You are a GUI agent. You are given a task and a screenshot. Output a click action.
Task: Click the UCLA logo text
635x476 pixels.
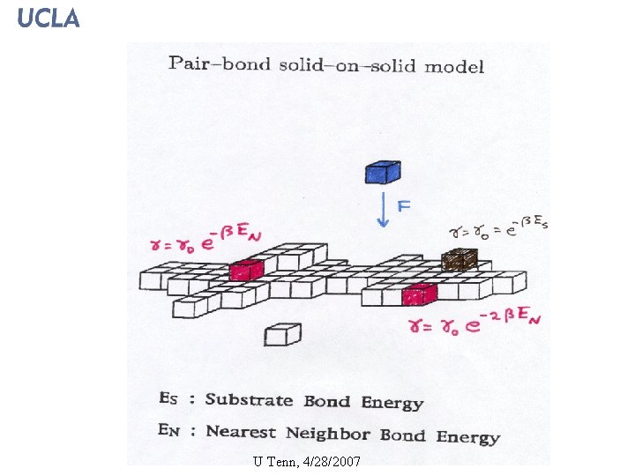coord(49,18)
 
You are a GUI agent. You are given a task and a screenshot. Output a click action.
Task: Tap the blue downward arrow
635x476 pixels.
coord(383,212)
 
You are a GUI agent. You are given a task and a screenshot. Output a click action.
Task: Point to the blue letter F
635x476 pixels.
coord(405,206)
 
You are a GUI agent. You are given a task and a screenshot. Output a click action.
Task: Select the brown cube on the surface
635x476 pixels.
coord(459,259)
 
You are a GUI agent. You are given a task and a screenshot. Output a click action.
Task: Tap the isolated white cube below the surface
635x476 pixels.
coord(283,334)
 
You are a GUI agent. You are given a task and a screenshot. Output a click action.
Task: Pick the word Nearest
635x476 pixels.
coord(241,432)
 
